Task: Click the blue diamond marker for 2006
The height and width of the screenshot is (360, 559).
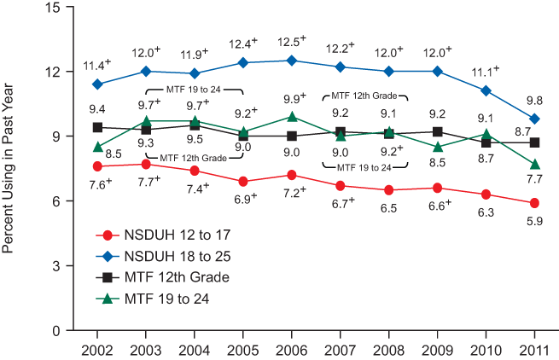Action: pyautogui.click(x=292, y=61)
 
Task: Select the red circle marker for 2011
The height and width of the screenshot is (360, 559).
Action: pyautogui.click(x=534, y=203)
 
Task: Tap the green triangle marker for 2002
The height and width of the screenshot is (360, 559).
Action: pyautogui.click(x=97, y=147)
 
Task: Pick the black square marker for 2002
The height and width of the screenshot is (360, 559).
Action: pyautogui.click(x=97, y=127)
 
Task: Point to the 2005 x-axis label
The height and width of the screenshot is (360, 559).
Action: pyautogui.click(x=243, y=350)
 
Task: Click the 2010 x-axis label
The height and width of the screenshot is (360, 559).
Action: pyautogui.click(x=486, y=350)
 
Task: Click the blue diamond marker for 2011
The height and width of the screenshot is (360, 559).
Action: pyautogui.click(x=534, y=119)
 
